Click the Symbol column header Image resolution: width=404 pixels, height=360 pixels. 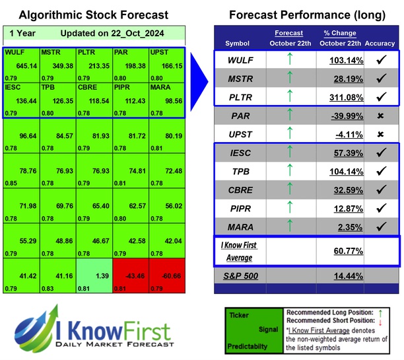238,43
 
